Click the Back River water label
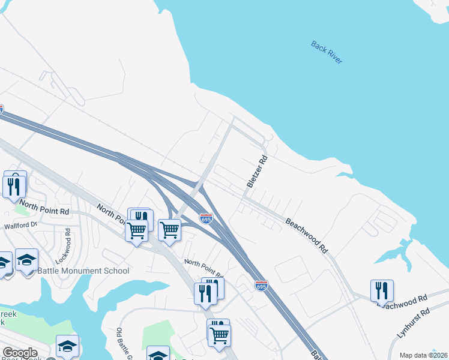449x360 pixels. (327, 52)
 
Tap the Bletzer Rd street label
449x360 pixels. (256, 172)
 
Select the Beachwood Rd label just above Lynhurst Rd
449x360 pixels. (402, 300)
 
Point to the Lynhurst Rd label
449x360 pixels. (414, 323)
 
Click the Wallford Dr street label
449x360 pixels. (20, 226)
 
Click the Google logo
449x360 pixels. (20, 353)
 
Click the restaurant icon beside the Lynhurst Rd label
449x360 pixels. (381, 292)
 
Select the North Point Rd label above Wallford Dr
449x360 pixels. (44, 208)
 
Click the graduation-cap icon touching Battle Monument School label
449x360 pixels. (26, 260)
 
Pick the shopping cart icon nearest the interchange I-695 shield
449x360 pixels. (170, 230)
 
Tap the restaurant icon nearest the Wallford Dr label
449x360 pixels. (14, 185)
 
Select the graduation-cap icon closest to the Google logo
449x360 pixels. (67, 346)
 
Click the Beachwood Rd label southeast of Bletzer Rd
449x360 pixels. (307, 234)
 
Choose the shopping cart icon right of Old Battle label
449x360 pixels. (220, 335)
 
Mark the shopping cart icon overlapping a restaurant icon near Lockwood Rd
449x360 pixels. (137, 229)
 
